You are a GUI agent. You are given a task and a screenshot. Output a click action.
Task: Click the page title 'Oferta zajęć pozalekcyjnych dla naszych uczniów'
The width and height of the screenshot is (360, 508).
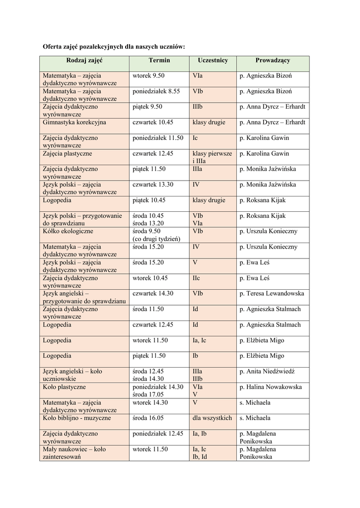pos(114,46)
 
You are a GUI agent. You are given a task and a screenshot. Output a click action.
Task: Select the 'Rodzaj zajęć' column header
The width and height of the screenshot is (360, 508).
pos(84,60)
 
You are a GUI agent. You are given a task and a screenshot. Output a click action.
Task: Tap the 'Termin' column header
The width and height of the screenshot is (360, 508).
pos(159,60)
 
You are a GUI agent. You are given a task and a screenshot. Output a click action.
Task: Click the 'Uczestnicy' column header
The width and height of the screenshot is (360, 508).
pos(213,60)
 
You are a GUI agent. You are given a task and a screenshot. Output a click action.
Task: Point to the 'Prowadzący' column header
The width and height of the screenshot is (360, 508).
pos(273,60)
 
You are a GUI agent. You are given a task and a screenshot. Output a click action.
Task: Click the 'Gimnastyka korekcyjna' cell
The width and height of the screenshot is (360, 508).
pos(74,122)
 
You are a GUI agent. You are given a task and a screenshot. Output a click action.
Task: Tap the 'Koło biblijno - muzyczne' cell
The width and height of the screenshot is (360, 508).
pos(77,418)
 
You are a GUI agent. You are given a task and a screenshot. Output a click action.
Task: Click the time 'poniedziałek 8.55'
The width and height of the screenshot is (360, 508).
pos(156,91)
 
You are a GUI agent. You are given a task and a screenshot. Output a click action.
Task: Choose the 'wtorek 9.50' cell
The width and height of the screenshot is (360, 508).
pos(148,75)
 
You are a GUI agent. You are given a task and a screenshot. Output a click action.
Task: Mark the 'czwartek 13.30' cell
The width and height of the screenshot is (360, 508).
pos(153,185)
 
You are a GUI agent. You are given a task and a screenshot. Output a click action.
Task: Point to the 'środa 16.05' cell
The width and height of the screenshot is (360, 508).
pos(148,418)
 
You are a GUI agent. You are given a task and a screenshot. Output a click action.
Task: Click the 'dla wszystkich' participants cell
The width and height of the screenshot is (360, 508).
pos(212,418)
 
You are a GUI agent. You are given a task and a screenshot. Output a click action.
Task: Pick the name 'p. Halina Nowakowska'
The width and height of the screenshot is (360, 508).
pos(271,387)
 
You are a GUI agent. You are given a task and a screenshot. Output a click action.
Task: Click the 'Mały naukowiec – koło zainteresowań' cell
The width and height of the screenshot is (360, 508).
pos(74,453)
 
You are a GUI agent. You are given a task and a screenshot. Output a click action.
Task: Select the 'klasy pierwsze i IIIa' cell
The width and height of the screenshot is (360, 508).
pos(212,157)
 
